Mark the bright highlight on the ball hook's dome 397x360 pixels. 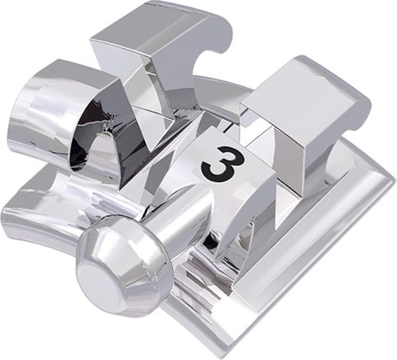[99, 248]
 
